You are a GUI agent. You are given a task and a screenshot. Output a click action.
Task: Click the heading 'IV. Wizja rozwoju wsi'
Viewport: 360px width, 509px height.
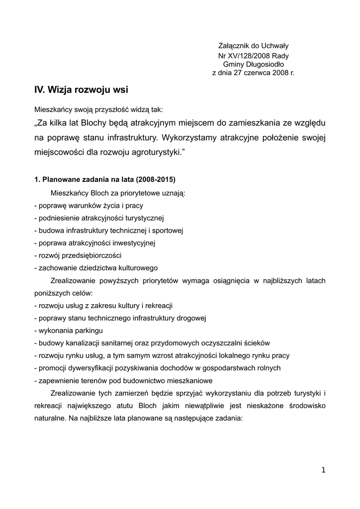[81, 90]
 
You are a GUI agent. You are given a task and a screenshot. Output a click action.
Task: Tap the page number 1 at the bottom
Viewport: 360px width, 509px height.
[323, 471]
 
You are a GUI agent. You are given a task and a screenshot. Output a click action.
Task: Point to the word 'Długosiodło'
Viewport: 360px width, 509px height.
[267, 64]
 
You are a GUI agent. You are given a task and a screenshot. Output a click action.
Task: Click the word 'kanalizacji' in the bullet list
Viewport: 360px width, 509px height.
[79, 343]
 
